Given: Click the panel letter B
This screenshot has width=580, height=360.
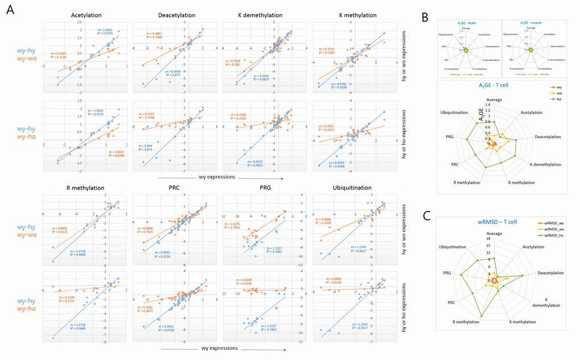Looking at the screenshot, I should [x=425, y=18].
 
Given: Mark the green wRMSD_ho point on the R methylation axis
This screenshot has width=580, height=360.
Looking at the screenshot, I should [x=482, y=316].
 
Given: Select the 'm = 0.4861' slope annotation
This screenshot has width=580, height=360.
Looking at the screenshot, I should [x=155, y=34].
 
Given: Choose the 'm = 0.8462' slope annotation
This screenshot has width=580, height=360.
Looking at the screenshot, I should [x=61, y=228].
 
